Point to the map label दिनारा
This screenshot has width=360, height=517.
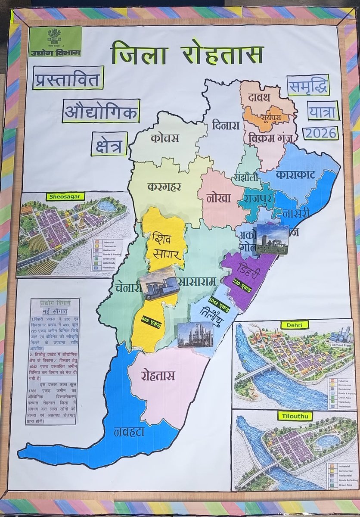click(x=225, y=125)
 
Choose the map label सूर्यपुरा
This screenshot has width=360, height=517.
click(x=267, y=116)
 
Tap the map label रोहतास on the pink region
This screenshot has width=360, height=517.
click(x=158, y=375)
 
